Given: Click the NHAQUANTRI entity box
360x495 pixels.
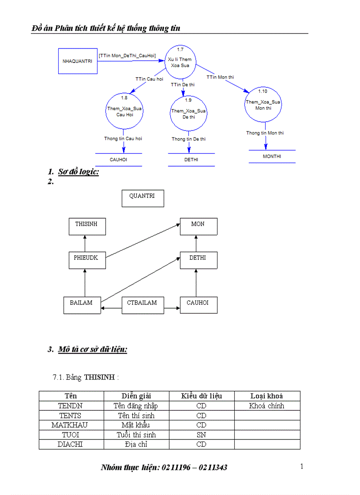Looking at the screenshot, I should coord(77,61).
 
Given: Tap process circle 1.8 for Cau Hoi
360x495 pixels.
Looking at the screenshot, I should coord(124,111).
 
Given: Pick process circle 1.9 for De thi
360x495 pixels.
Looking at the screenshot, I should coord(188,113).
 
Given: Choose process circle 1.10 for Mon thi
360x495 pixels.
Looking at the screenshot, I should coord(263,104).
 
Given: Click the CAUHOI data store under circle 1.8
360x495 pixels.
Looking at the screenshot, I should coord(118,160).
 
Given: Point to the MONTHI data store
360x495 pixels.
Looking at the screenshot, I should coord(272,156).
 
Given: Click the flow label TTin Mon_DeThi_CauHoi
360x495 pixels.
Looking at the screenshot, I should coord(127,56).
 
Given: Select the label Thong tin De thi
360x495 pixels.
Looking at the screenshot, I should coord(188,139).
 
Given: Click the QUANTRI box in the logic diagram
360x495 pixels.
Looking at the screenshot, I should coord(142,198).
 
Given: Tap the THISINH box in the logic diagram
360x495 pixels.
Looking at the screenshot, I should coord(86,226).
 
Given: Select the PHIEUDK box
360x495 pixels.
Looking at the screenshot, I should coord(87,260).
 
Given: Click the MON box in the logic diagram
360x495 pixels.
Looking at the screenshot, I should coord(198,226).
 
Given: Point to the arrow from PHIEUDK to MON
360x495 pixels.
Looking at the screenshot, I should coord(143,240).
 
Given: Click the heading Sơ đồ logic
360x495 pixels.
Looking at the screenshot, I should coord(79,172).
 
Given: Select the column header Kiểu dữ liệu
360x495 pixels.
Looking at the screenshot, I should coord(201,396).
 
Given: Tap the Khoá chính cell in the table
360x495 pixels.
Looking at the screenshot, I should coord(266,406).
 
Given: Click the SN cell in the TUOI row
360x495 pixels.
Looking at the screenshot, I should coord(201,435).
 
